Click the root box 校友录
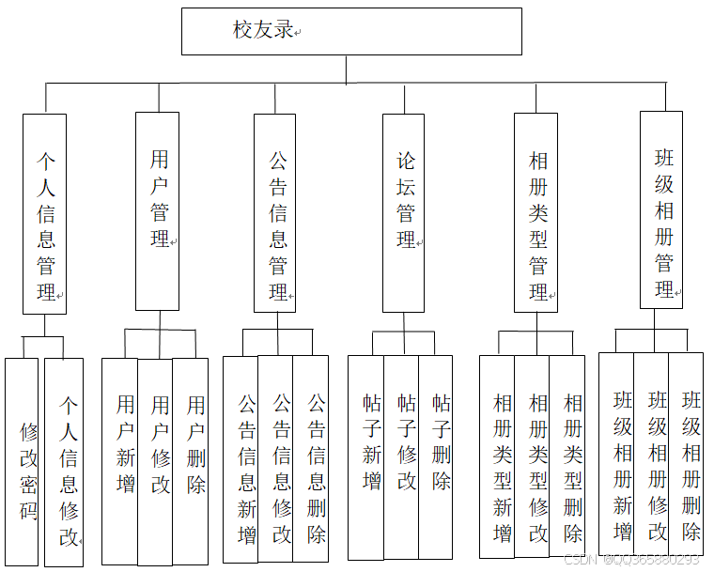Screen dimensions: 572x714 click(351, 31)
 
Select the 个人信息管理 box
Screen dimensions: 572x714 click(44, 214)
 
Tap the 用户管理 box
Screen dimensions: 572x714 click(157, 211)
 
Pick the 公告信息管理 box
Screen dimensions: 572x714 click(275, 213)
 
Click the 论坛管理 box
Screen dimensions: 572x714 click(404, 212)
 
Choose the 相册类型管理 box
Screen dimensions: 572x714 click(536, 212)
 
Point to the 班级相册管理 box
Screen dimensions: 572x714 click(661, 209)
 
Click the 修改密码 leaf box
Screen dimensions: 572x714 click(23, 462)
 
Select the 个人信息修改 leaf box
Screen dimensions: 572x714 click(64, 462)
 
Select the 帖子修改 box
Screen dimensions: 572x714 click(402, 456)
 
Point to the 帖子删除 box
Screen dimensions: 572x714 click(437, 456)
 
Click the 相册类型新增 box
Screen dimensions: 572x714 click(498, 456)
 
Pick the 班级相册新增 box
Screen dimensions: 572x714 click(617, 455)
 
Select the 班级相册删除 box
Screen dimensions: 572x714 click(687, 455)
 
